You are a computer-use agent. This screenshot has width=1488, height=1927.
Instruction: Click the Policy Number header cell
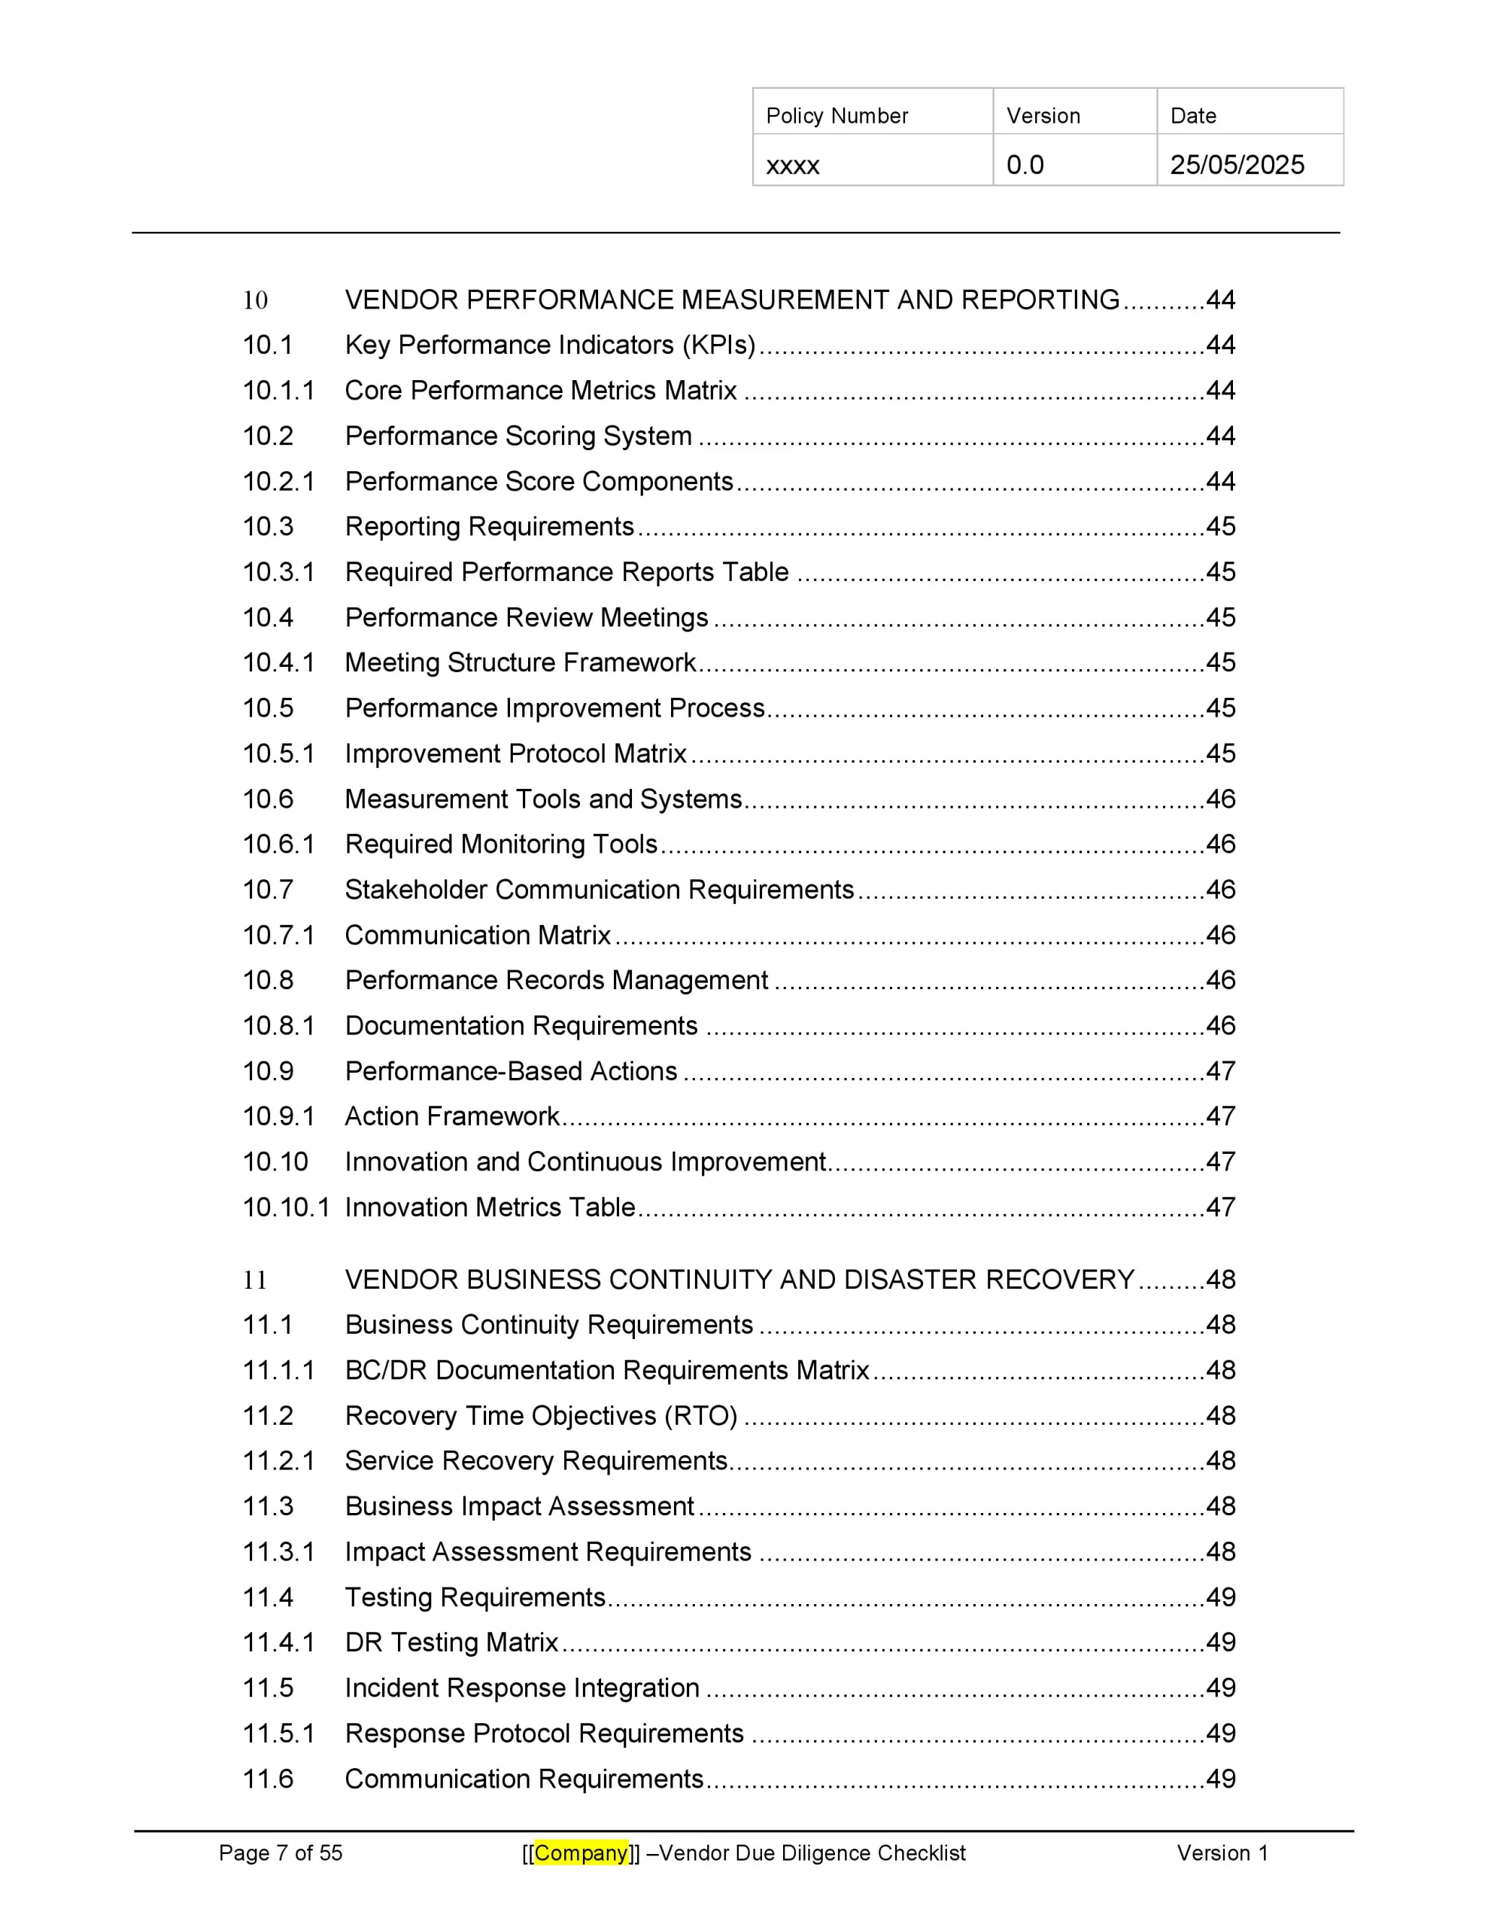(837, 116)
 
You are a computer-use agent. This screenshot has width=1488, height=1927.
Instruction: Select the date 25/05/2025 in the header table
(1237, 165)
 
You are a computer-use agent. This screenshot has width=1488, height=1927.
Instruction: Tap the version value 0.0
(1025, 165)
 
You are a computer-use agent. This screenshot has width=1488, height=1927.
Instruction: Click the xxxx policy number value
(792, 165)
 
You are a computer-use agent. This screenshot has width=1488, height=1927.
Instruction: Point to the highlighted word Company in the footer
(582, 1853)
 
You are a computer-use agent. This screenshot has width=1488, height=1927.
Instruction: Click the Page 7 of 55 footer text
(281, 1853)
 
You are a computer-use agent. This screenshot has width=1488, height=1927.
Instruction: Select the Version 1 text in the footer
(1222, 1853)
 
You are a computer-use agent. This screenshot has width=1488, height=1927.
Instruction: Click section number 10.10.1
(286, 1207)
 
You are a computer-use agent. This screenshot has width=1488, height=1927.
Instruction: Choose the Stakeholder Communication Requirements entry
(600, 890)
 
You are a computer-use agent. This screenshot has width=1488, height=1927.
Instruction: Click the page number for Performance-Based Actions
(1221, 1071)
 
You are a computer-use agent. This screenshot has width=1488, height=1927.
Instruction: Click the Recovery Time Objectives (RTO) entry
(542, 1415)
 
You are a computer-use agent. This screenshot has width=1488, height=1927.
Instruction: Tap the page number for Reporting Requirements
(1221, 527)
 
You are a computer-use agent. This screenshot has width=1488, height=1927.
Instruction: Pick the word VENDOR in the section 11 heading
(401, 1280)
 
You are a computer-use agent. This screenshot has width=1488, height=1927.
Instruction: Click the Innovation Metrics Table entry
(490, 1207)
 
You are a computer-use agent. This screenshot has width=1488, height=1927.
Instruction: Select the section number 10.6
(268, 799)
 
